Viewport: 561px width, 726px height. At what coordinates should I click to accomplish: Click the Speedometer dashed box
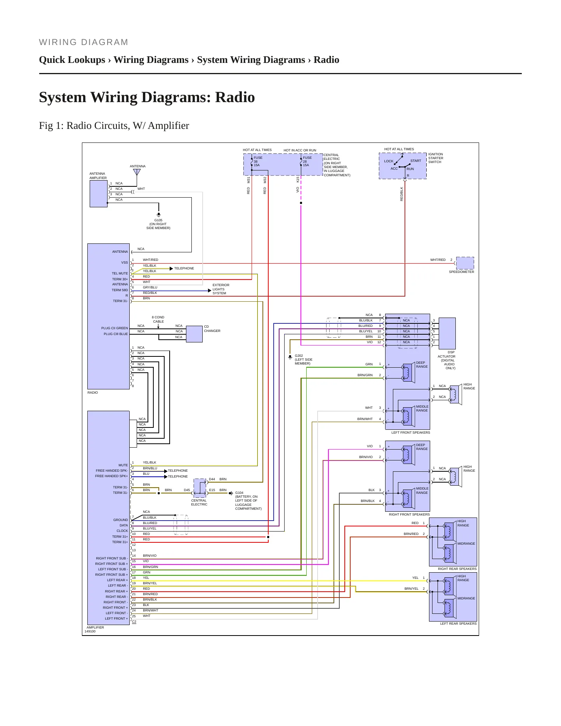click(465, 263)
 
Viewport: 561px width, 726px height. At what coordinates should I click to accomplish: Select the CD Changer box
click(194, 334)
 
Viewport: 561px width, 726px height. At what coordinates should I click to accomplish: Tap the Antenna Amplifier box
click(99, 194)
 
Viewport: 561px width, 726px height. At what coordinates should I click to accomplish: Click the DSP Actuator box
click(447, 333)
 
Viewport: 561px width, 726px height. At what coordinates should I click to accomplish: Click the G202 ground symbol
click(290, 357)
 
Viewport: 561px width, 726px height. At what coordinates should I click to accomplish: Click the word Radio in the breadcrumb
click(326, 60)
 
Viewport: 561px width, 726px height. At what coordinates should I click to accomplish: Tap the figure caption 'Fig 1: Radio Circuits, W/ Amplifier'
click(114, 126)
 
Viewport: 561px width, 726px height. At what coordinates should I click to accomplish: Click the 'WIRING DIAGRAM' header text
click(83, 42)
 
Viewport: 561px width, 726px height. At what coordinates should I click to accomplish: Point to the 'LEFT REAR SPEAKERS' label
click(458, 624)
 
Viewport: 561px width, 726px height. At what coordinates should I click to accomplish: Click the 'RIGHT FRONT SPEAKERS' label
click(409, 514)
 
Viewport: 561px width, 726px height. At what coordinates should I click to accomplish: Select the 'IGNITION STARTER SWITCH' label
click(436, 158)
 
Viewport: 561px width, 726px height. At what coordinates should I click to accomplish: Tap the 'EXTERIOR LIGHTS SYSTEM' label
click(221, 289)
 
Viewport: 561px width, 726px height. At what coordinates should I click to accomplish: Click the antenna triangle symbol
click(137, 172)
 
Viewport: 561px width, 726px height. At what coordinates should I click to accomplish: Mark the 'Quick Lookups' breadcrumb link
click(72, 60)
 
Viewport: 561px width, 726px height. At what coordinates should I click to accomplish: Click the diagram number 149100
click(90, 631)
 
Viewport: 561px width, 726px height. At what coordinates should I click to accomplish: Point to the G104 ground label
click(248, 500)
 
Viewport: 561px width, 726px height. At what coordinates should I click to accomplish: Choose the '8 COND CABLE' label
click(158, 320)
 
